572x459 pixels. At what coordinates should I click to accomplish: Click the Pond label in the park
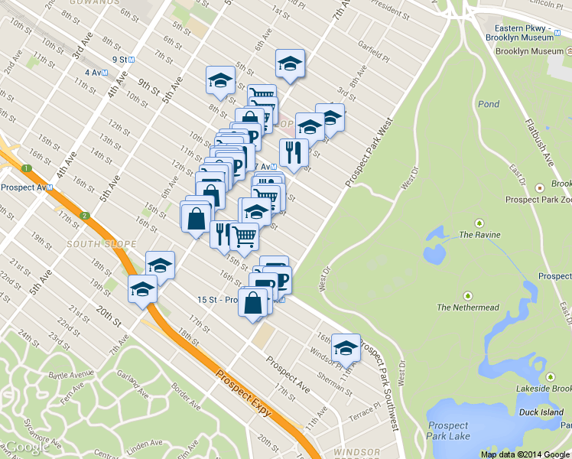(x=488, y=104)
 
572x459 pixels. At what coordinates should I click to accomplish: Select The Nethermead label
(x=467, y=308)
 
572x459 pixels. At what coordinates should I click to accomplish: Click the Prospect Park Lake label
(x=448, y=431)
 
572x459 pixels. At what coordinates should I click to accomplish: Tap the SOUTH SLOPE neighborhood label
(x=95, y=244)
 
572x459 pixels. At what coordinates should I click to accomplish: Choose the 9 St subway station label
(x=119, y=60)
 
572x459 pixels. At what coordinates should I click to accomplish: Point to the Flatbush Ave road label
(x=538, y=142)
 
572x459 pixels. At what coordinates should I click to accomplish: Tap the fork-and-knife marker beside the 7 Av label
(x=294, y=153)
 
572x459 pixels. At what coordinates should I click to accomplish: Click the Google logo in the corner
(x=28, y=447)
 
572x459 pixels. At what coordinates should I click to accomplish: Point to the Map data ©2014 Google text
(x=525, y=454)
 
